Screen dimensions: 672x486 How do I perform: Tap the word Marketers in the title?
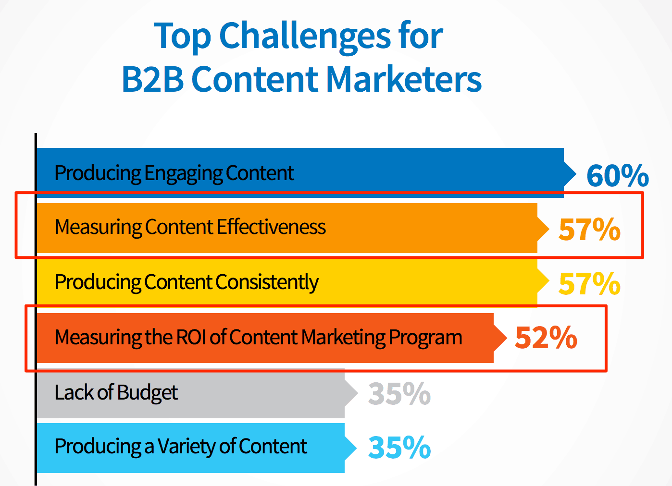coord(404,79)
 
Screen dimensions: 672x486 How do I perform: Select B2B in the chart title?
coord(152,79)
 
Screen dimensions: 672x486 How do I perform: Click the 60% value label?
coord(618,175)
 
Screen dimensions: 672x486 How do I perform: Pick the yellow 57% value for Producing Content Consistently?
coord(589,283)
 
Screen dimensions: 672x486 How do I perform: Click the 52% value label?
coord(546,338)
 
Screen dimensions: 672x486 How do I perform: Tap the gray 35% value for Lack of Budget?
coord(399,393)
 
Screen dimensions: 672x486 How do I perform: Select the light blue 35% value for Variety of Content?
coord(399,448)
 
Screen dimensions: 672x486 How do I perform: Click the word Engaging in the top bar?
coord(183,174)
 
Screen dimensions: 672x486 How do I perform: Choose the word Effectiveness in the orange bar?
coord(271,227)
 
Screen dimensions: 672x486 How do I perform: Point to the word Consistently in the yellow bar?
coord(267,282)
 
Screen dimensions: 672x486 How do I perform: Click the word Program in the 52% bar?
coord(425,338)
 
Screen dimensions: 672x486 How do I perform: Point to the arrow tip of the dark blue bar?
coord(576,173)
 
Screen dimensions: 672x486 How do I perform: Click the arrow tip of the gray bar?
coord(358,393)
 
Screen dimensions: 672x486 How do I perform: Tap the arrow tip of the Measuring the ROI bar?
coord(507,338)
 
